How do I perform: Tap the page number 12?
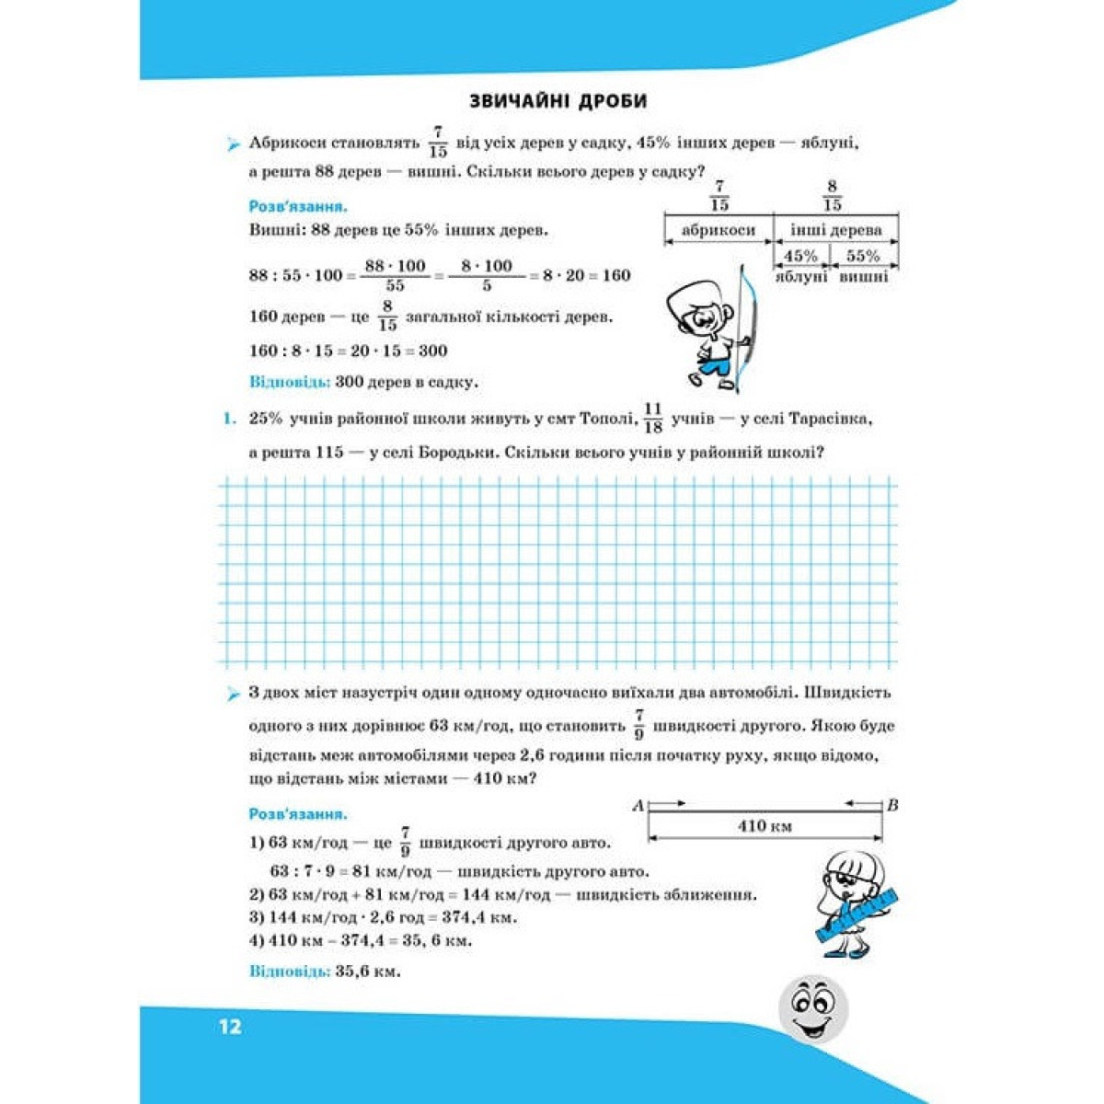[x=230, y=1026]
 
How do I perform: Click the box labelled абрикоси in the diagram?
[x=718, y=230]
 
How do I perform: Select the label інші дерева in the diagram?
[x=835, y=230]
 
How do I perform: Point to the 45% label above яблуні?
[x=800, y=256]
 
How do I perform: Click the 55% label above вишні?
[x=863, y=256]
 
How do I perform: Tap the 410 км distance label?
[x=765, y=825]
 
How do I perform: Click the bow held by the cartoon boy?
[x=747, y=322]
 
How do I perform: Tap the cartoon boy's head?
[x=696, y=309]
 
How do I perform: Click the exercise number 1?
[x=229, y=420]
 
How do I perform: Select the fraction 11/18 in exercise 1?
[x=653, y=418]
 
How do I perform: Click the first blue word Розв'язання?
[x=297, y=207]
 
